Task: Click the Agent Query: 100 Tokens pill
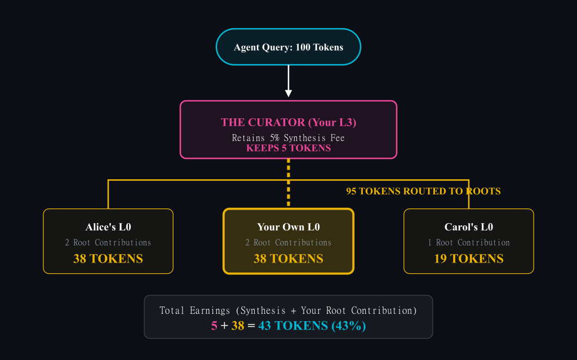pos(288,47)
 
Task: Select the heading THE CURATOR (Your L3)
pos(288,122)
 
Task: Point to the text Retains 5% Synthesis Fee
pos(288,137)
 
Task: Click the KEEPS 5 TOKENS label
pos(288,148)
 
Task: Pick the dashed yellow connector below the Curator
pos(288,183)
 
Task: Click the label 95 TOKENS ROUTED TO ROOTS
pos(423,192)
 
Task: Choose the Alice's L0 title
pos(108,227)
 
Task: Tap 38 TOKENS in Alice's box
pos(108,259)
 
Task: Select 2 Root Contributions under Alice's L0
pos(108,243)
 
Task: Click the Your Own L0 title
pos(288,227)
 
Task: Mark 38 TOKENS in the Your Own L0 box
pos(288,259)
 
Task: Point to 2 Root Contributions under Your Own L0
pos(288,243)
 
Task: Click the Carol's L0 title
pos(469,227)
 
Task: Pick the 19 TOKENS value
pos(469,259)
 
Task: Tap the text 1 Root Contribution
pos(469,243)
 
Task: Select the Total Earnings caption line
pos(288,310)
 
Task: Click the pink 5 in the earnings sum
pos(214,326)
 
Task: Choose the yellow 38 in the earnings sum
pos(237,326)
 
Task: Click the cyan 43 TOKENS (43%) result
pos(312,326)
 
